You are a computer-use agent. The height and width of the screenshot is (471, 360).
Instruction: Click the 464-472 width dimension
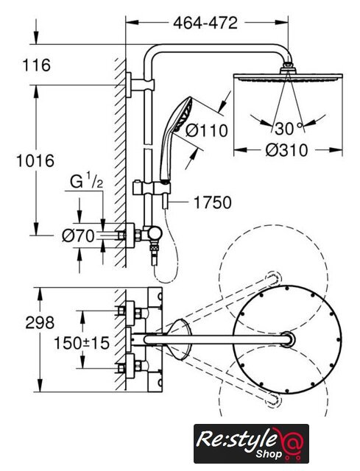pyautogui.click(x=205, y=23)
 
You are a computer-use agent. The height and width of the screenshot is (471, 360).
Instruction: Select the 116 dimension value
pyautogui.click(x=37, y=65)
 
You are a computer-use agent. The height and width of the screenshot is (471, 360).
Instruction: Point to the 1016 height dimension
pyautogui.click(x=35, y=160)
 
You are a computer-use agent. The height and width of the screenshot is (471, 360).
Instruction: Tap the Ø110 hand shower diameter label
pyautogui.click(x=206, y=131)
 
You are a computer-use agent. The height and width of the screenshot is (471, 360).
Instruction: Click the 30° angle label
pyautogui.click(x=288, y=129)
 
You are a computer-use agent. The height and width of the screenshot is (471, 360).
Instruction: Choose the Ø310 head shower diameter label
pyautogui.click(x=286, y=150)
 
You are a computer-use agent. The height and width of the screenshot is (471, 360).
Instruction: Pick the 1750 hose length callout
pyautogui.click(x=213, y=202)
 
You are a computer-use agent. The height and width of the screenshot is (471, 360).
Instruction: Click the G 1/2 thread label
pyautogui.click(x=87, y=181)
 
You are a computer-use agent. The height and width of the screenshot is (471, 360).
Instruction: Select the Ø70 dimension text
pyautogui.click(x=78, y=235)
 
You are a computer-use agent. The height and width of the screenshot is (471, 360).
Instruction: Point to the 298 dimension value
pyautogui.click(x=40, y=323)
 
